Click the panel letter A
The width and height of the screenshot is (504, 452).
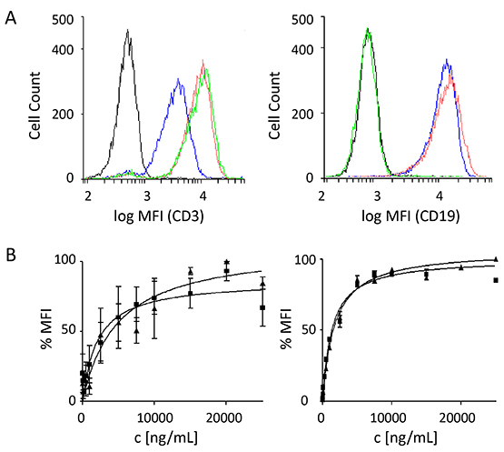[11, 18]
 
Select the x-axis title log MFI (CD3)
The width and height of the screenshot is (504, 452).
[159, 216]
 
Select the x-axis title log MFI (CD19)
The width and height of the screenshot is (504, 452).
[410, 216]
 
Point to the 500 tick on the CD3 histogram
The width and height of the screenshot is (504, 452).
[63, 20]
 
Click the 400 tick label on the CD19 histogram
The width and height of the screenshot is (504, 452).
[302, 50]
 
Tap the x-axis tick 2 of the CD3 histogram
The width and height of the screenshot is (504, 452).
[88, 196]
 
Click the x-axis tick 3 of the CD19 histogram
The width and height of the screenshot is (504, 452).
[377, 196]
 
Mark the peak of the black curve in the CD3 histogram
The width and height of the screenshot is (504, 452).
[128, 30]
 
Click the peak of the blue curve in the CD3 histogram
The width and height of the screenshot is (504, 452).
[178, 79]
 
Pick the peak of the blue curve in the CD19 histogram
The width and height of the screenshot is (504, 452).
[447, 59]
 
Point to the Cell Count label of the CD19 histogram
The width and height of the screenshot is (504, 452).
[274, 105]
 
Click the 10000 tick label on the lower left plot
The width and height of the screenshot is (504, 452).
[155, 417]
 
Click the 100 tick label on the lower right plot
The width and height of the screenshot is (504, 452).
[306, 259]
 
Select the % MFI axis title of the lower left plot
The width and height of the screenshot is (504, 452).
[46, 329]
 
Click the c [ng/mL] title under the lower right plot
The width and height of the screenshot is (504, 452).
[406, 437]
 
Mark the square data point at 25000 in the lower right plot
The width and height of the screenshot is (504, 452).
[496, 280]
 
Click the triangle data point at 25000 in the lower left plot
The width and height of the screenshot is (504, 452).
[263, 284]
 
